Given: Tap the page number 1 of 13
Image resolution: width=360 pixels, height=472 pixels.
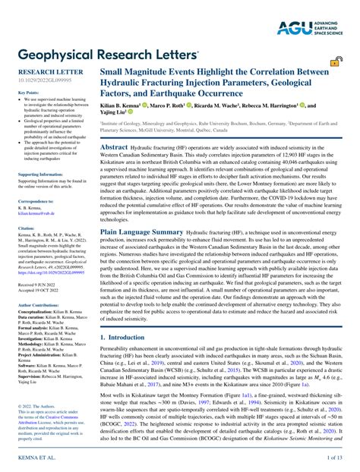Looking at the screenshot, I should point(334,458).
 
